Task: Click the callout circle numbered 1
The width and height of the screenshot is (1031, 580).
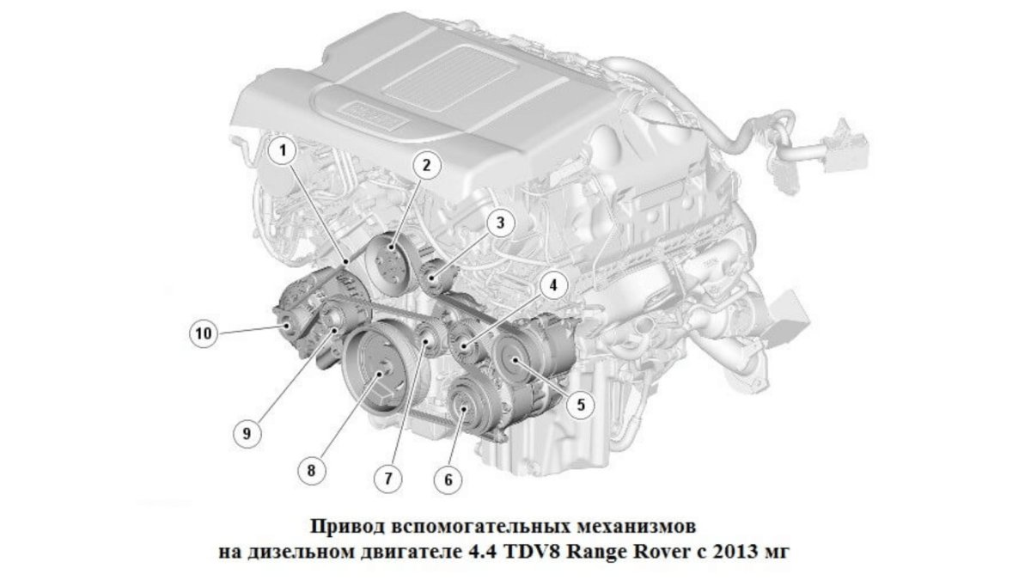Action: pyautogui.click(x=283, y=150)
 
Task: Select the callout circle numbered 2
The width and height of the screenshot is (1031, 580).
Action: pyautogui.click(x=426, y=165)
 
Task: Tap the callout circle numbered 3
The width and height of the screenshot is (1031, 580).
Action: pyautogui.click(x=500, y=223)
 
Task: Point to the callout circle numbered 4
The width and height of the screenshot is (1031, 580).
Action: pyautogui.click(x=552, y=285)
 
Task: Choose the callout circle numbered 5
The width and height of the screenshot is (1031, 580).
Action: pyautogui.click(x=581, y=405)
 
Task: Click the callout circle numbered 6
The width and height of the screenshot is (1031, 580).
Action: pyautogui.click(x=448, y=479)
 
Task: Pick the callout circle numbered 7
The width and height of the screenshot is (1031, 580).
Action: pyautogui.click(x=387, y=479)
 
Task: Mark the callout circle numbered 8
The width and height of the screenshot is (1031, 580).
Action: pyautogui.click(x=312, y=471)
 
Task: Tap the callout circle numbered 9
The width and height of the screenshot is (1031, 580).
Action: pyautogui.click(x=247, y=433)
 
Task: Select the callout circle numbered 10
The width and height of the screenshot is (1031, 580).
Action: pyautogui.click(x=204, y=333)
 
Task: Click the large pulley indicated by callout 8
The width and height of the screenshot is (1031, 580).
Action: pyautogui.click(x=376, y=368)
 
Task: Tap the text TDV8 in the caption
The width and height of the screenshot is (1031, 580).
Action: pyautogui.click(x=531, y=551)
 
